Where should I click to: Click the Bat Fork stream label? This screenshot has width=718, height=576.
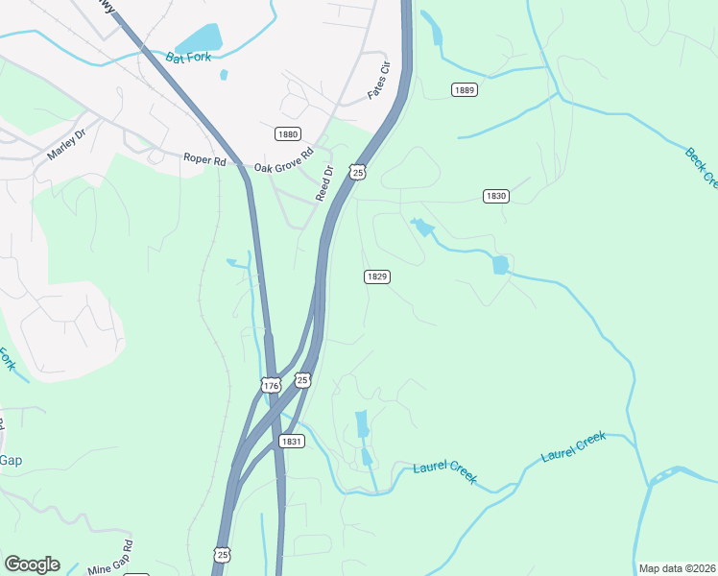188,58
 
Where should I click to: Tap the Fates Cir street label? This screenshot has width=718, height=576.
381,82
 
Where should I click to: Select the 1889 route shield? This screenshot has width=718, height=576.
464,89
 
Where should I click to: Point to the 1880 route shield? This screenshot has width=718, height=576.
287,133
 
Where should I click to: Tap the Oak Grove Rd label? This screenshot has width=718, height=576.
284,159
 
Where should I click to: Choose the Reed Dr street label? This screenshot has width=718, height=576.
324,183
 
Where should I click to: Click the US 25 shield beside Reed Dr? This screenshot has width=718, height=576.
357,172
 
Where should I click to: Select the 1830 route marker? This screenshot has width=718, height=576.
495,196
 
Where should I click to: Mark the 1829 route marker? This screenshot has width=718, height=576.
376,276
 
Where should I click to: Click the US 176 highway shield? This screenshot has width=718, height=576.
270,386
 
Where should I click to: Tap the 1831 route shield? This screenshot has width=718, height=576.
293,441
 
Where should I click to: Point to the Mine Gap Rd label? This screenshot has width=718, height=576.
109,560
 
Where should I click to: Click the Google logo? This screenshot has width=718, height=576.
32,564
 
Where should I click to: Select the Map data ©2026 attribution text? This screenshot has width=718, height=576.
676,568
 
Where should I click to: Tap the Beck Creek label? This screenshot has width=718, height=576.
702,165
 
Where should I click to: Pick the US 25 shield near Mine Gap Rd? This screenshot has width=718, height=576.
222,556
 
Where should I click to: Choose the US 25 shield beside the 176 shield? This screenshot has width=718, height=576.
302,380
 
